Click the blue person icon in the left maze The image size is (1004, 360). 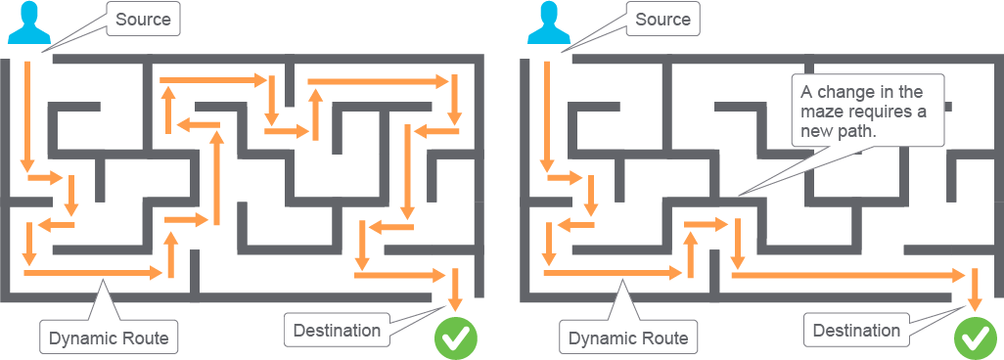(x=28, y=23)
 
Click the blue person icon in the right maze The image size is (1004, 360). (x=548, y=23)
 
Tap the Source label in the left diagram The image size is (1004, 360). (x=144, y=20)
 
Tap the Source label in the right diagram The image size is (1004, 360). (x=663, y=20)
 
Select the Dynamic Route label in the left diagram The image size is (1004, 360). (x=109, y=337)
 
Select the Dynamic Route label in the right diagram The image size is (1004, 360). (x=629, y=337)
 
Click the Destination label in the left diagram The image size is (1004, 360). (x=337, y=331)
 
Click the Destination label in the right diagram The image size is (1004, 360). (x=857, y=331)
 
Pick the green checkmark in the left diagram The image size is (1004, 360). (x=457, y=337)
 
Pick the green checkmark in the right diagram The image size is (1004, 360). (x=976, y=337)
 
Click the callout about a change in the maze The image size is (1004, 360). (x=868, y=112)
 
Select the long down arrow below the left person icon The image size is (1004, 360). (x=26, y=116)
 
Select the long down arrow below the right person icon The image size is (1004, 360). (x=547, y=116)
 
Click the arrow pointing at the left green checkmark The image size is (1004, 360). (x=455, y=290)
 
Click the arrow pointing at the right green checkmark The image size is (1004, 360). (x=975, y=290)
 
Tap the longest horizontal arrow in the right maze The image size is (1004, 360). (x=848, y=276)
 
